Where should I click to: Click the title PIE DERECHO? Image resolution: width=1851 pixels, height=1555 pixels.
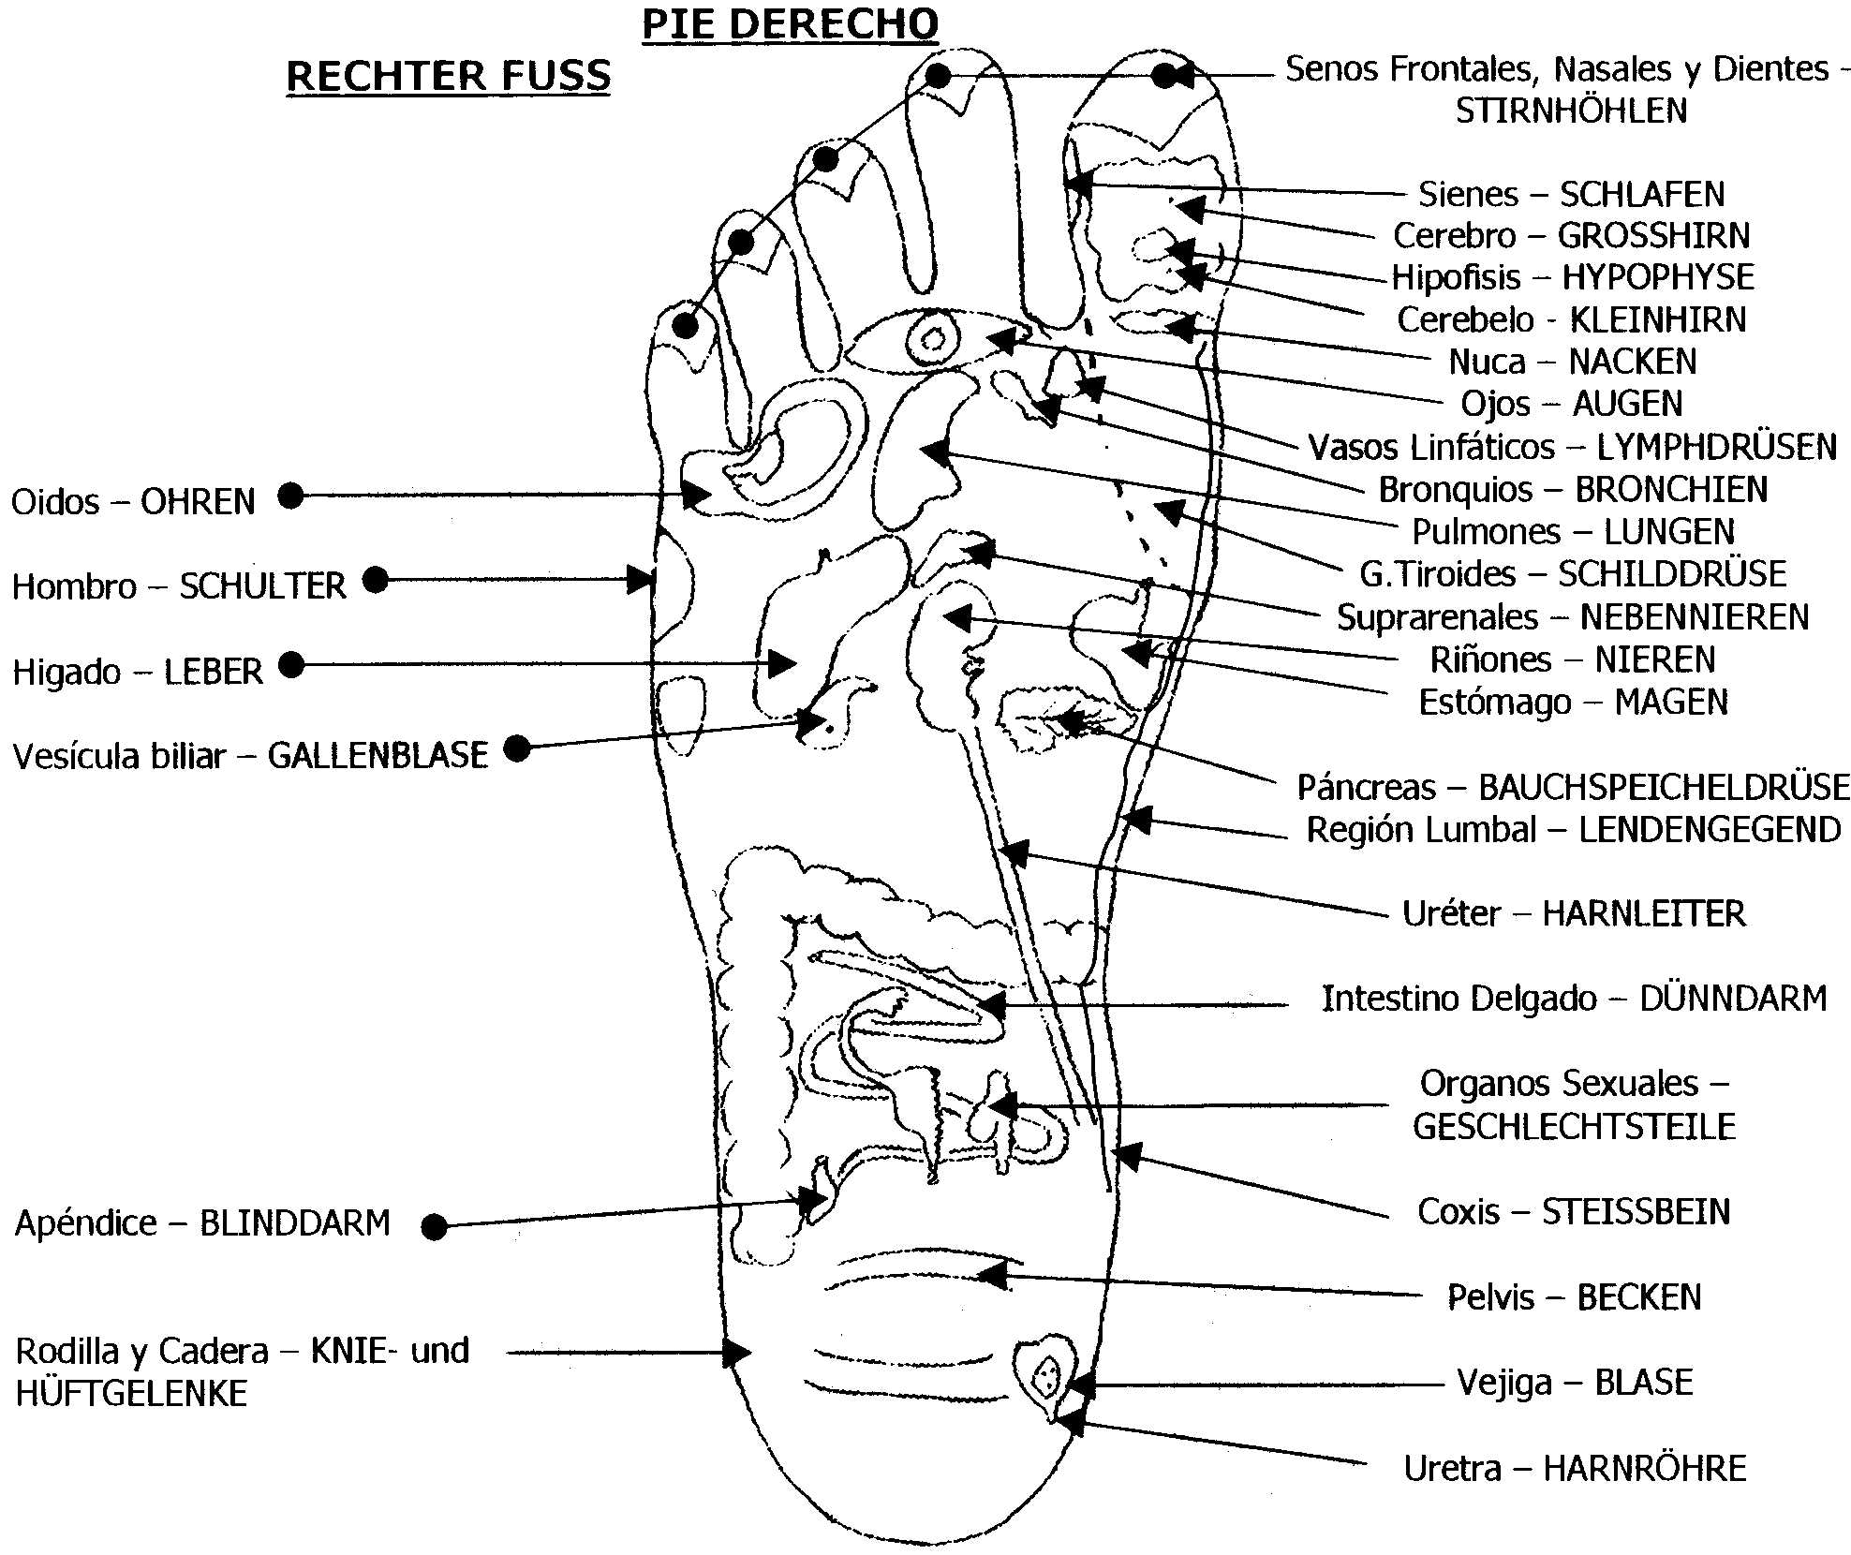pos(790,24)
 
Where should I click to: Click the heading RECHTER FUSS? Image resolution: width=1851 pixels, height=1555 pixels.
pos(448,75)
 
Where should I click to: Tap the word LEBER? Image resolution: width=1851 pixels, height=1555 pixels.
pos(214,672)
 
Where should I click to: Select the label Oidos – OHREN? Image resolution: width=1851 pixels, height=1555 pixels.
pos(133,502)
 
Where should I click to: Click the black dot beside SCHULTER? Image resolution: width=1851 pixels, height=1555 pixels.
pos(376,580)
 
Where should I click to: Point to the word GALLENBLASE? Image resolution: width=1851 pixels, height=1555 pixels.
pos(378,755)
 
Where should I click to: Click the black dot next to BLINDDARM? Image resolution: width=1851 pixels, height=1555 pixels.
pos(434,1226)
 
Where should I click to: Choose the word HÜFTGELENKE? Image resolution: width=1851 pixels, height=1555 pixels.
pos(131,1393)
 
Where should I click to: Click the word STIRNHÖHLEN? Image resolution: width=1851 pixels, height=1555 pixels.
pos(1571,111)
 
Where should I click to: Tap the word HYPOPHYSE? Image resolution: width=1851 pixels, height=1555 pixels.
pos(1658,277)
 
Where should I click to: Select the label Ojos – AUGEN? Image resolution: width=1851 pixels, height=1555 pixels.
pos(1571,404)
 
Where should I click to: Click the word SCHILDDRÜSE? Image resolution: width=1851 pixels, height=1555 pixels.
pos(1672,573)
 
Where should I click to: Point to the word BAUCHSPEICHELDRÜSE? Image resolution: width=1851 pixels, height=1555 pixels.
pos(1664,787)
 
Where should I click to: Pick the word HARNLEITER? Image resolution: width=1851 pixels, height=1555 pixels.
pos(1644,913)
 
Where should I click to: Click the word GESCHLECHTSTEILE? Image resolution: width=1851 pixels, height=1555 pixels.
pos(1574,1126)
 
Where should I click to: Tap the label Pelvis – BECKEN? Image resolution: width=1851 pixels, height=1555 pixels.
pos(1574,1297)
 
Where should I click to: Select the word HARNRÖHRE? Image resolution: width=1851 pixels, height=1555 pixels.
pos(1645,1468)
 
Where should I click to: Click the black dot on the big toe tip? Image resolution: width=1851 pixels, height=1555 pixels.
pos(1164,76)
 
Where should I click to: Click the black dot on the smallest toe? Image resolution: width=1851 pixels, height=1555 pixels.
pos(687,327)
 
